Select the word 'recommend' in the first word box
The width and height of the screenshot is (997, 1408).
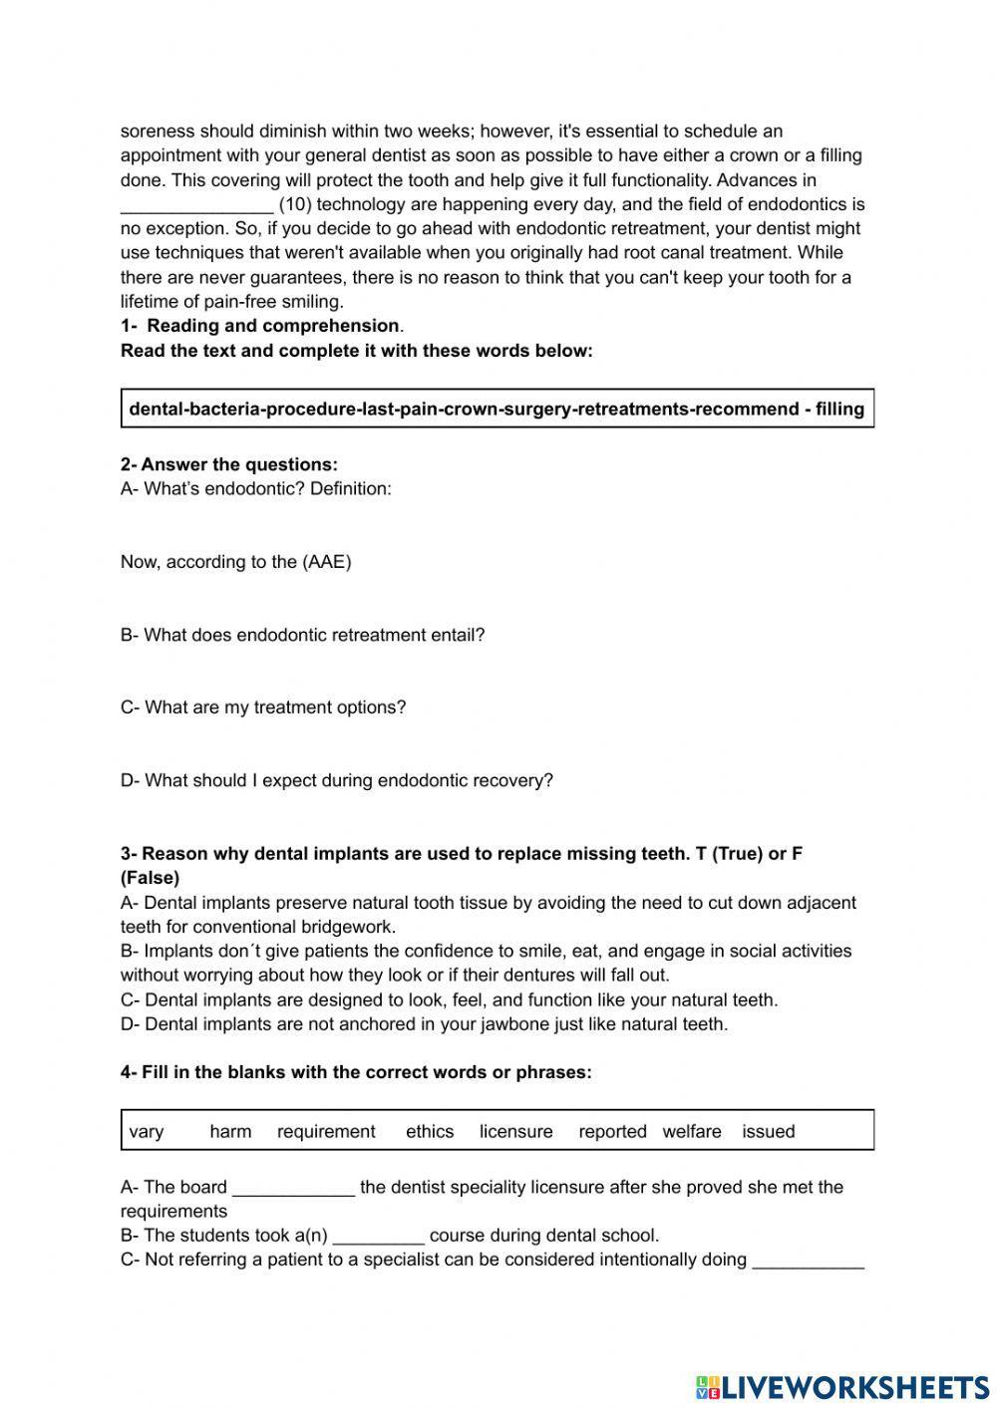pos(744,409)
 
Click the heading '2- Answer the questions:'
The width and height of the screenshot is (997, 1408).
pos(229,464)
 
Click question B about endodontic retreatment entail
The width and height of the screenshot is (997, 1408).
pos(302,635)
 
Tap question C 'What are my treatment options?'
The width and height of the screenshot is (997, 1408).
pos(263,707)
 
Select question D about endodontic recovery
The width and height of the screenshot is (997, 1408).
pos(336,780)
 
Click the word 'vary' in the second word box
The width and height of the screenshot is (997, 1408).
pos(147,1131)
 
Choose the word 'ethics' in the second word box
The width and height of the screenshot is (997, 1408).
pos(430,1131)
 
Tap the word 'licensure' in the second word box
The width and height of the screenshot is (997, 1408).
pos(515,1131)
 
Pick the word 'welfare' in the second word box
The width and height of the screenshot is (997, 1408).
pos(692,1131)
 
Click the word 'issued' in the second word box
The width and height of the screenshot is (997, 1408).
pos(769,1131)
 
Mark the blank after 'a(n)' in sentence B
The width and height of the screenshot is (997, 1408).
pos(379,1237)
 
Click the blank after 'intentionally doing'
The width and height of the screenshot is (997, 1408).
pos(809,1262)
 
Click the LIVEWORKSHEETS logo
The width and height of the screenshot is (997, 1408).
pos(841,1386)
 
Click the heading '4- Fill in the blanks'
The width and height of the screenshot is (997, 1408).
pos(356,1072)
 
